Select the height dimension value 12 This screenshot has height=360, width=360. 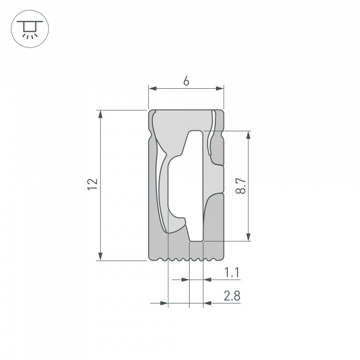[x=91, y=185]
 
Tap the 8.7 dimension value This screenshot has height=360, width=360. [x=240, y=185]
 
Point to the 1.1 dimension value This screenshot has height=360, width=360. [x=232, y=273]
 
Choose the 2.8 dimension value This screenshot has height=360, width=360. [x=232, y=296]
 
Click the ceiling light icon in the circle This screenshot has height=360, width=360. [x=27, y=28]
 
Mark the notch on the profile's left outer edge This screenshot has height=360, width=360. [x=149, y=134]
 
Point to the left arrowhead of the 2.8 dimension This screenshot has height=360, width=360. [x=164, y=303]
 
